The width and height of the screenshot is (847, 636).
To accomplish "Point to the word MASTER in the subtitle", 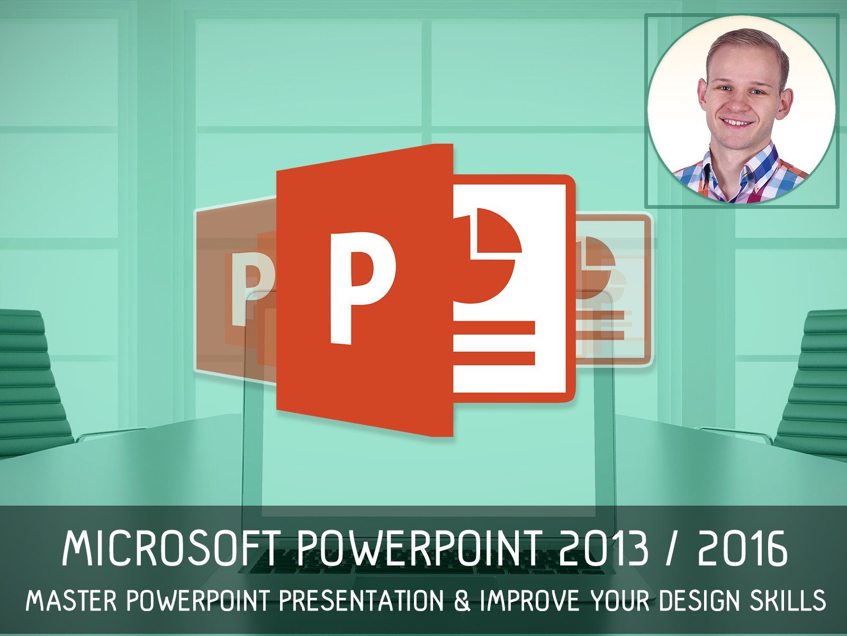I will coord(71,600).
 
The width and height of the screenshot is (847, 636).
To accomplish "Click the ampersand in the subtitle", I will coord(462,600).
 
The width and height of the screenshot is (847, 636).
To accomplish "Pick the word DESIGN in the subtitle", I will coord(698,600).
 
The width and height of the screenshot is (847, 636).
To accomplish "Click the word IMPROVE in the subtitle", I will coord(530,600).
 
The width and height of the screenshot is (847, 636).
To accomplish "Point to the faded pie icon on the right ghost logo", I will coord(598,260).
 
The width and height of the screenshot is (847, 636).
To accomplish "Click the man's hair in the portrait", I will coord(746,45).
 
